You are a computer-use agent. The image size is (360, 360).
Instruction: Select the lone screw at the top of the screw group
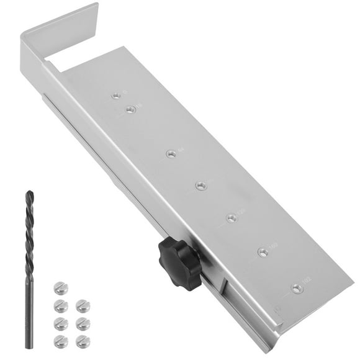coord(59,287)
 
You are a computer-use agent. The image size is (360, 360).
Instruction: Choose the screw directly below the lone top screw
coord(60,304)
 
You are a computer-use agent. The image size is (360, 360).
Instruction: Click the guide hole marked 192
coord(296,288)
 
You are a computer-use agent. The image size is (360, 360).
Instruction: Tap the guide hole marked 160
coord(263,253)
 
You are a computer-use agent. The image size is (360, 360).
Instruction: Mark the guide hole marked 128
coord(231,218)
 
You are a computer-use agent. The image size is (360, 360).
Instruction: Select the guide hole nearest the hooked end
coord(115,96)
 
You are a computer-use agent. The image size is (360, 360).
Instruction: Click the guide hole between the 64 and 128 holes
coord(200,185)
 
